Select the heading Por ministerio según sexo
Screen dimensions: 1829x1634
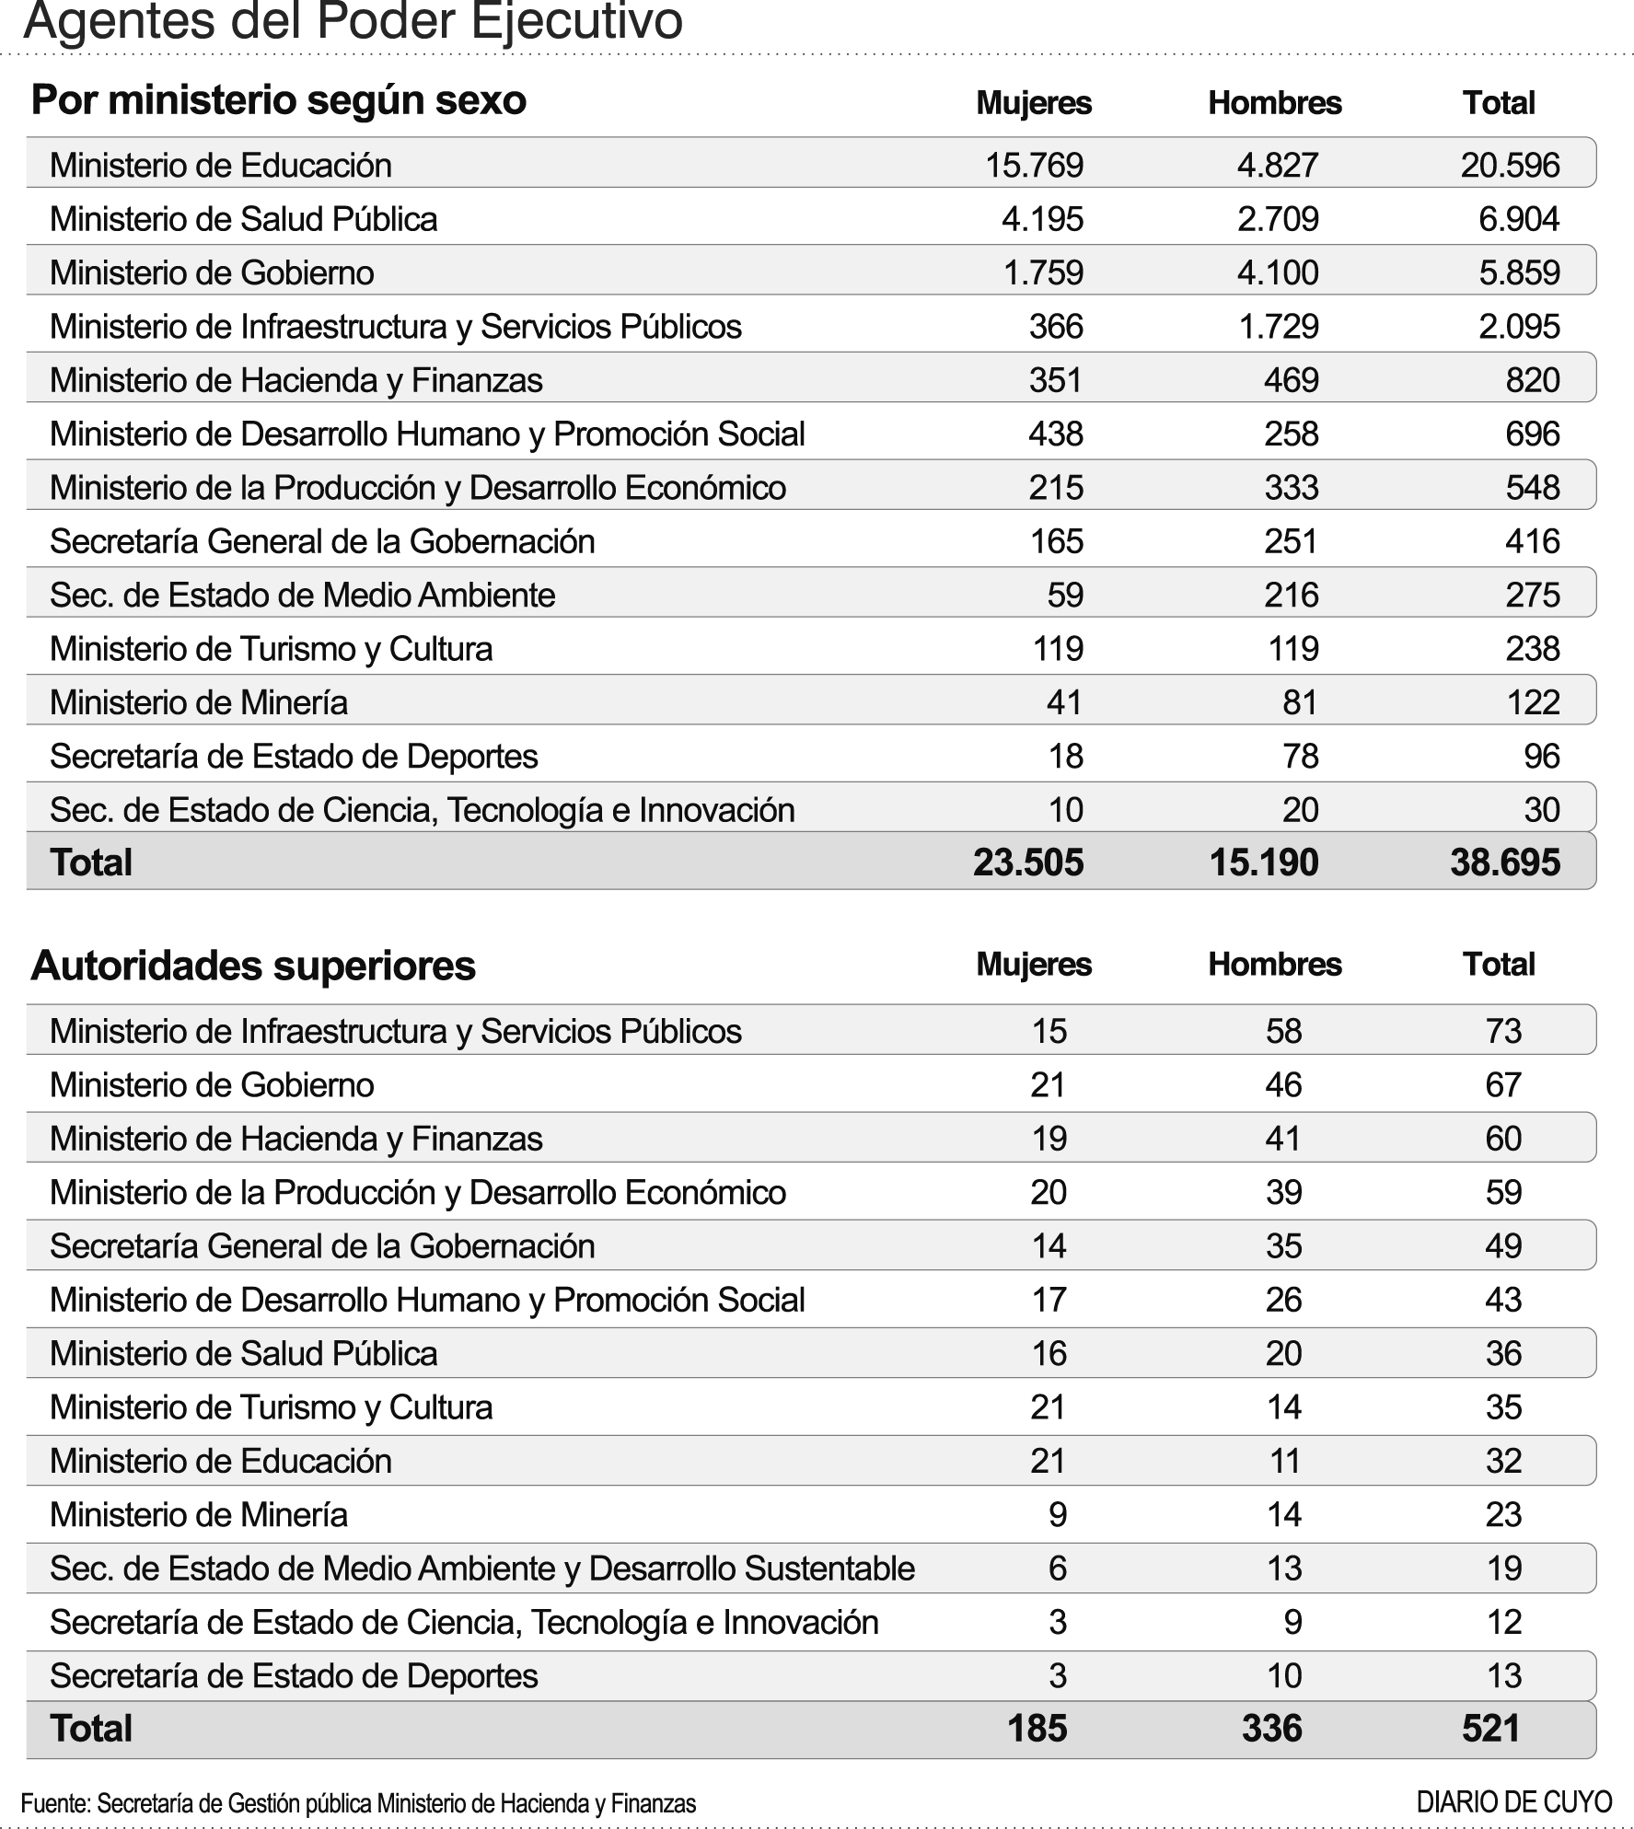pyautogui.click(x=279, y=100)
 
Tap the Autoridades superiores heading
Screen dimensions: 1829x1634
pyautogui.click(x=253, y=966)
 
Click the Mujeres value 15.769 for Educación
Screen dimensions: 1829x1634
pyautogui.click(x=1034, y=166)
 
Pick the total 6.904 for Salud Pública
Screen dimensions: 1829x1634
pyautogui.click(x=1519, y=219)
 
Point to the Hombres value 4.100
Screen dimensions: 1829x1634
pyautogui.click(x=1277, y=272)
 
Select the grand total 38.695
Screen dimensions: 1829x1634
pyautogui.click(x=1504, y=862)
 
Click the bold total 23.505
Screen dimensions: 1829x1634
pyautogui.click(x=1028, y=862)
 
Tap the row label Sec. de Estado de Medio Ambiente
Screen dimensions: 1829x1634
pyautogui.click(x=302, y=596)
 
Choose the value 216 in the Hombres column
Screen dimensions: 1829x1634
pyautogui.click(x=1291, y=596)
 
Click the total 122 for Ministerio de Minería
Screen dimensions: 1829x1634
pyautogui.click(x=1533, y=702)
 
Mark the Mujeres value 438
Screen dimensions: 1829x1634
pyautogui.click(x=1055, y=434)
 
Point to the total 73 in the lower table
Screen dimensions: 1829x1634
pyautogui.click(x=1503, y=1031)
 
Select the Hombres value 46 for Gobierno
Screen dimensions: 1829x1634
pyautogui.click(x=1283, y=1085)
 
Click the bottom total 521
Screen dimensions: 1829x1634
pyautogui.click(x=1490, y=1728)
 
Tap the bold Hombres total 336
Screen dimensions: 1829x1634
pyautogui.click(x=1271, y=1728)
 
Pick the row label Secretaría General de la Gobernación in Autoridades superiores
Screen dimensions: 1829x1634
pyautogui.click(x=322, y=1246)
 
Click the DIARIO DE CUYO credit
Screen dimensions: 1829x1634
pyautogui.click(x=1514, y=1801)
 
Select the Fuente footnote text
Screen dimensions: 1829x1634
pyautogui.click(x=358, y=1802)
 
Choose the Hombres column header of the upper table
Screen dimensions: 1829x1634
pyautogui.click(x=1274, y=103)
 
